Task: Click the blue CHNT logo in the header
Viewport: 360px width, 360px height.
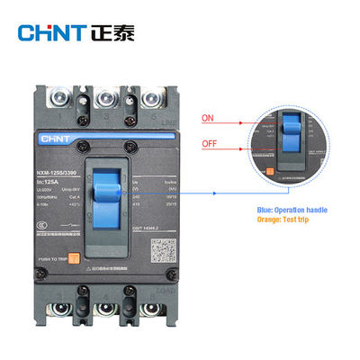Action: point(50,33)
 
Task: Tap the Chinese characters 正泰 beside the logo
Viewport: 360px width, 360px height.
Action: point(112,33)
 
